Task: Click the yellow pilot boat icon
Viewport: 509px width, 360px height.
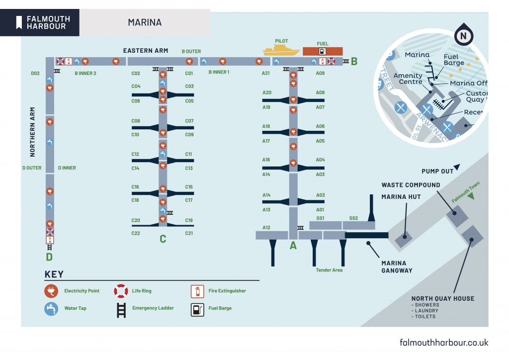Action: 281,50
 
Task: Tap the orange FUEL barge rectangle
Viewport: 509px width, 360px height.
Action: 323,51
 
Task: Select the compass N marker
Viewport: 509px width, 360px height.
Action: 463,36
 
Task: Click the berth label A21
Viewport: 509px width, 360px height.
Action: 266,73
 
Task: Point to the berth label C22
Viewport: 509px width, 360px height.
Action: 135,233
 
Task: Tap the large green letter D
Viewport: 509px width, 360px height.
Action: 49,257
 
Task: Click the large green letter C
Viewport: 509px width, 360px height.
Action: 163,239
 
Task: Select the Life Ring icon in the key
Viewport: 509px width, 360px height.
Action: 121,291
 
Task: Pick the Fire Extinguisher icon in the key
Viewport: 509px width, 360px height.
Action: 197,291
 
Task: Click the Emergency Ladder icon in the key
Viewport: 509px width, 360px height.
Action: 121,308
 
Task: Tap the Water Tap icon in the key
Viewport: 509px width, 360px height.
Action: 51,308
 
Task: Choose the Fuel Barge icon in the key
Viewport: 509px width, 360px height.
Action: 197,309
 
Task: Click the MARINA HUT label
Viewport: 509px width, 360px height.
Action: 401,197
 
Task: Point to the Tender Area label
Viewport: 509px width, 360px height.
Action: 329,270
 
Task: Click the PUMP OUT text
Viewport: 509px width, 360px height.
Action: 437,171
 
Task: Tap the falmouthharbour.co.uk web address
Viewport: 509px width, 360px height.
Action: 444,343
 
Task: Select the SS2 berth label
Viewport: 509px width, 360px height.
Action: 353,218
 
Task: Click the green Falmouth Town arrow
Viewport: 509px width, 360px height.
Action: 470,196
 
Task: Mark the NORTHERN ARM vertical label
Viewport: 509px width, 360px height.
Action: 33,132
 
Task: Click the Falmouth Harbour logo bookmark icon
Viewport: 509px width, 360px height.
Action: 19,22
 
